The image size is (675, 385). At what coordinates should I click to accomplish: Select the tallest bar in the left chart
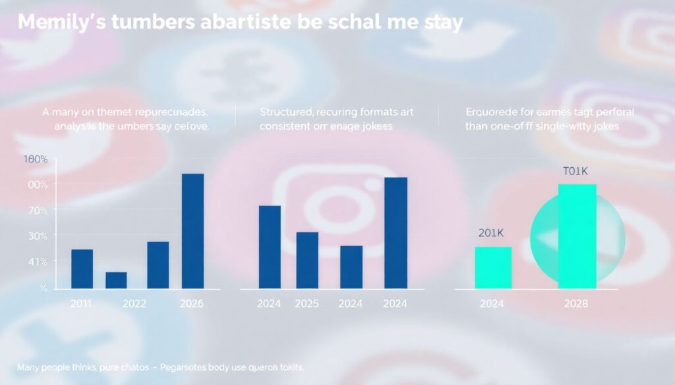pos(192,230)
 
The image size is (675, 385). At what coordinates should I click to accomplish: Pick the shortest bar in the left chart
pos(116,280)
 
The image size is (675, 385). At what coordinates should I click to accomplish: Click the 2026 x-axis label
pos(192,304)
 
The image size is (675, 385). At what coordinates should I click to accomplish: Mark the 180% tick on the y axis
pos(36,159)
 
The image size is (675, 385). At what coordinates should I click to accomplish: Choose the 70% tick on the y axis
pos(36,210)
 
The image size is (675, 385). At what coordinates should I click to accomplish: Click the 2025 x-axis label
pos(307,304)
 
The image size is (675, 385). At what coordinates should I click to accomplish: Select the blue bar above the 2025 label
pos(307,260)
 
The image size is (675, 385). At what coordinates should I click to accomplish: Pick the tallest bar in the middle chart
pos(396,232)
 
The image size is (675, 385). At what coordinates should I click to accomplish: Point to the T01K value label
pos(575,171)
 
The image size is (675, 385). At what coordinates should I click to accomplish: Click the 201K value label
pos(492,234)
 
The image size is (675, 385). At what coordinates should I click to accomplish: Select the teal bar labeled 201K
pos(493,267)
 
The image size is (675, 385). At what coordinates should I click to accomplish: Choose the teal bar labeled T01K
pos(577,236)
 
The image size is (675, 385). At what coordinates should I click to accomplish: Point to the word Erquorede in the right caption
pos(490,112)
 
